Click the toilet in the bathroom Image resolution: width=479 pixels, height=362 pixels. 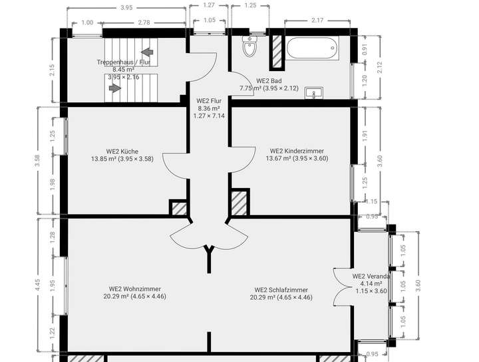[250, 47]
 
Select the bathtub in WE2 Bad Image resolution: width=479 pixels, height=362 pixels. [313, 48]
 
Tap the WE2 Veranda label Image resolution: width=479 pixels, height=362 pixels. [371, 276]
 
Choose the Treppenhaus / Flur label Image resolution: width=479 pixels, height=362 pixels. [123, 62]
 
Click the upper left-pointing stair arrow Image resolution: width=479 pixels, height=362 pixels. [148, 51]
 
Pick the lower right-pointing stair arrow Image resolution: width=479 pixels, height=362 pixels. [114, 86]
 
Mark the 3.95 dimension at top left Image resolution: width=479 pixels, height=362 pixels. [126, 8]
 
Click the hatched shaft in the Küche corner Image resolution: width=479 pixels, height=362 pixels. [178, 208]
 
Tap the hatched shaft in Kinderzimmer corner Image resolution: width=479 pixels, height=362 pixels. [239, 203]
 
